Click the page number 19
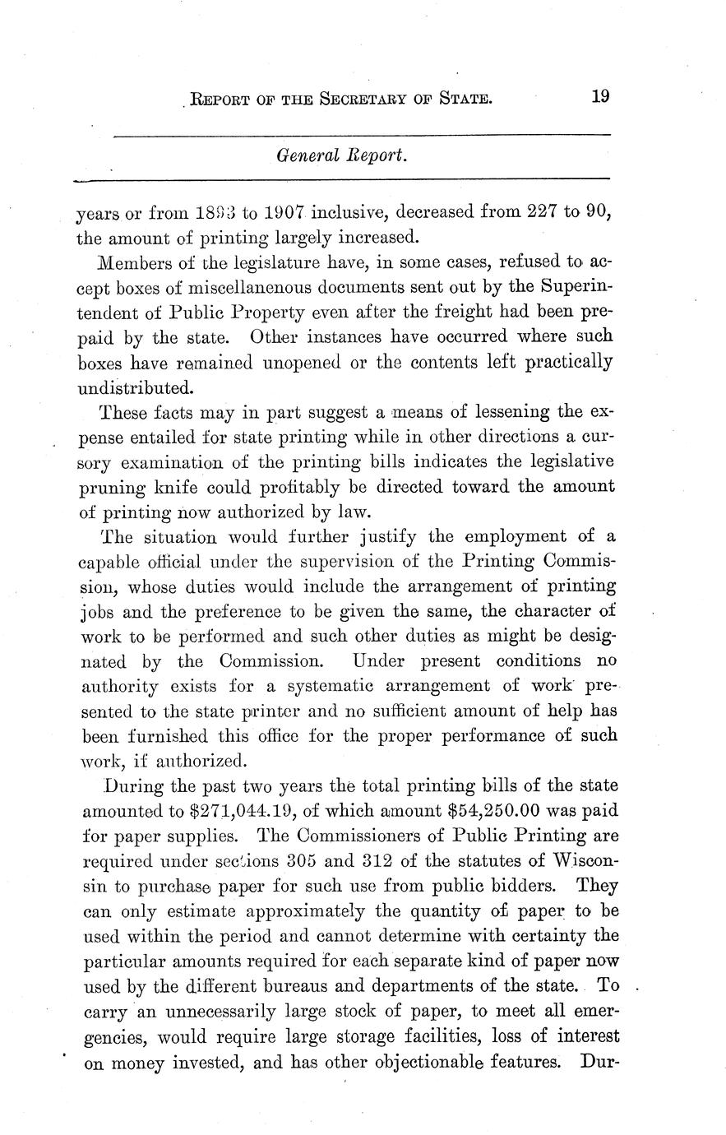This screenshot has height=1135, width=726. point(599,96)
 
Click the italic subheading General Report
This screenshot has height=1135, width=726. point(340,155)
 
